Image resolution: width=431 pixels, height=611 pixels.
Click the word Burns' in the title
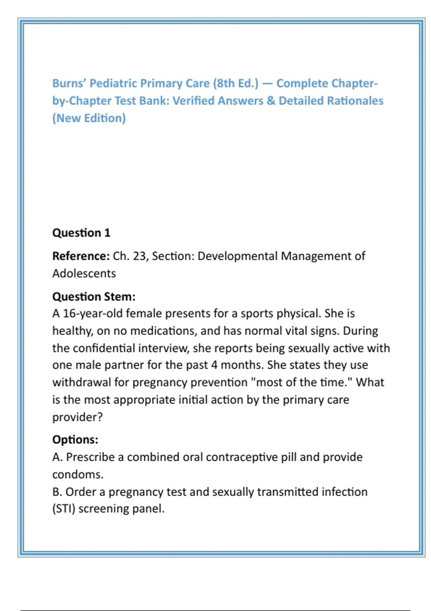pos(69,83)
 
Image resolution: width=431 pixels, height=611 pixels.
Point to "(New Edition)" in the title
pos(89,118)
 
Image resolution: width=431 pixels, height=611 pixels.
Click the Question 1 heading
pos(81,233)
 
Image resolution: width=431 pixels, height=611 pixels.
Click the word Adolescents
pos(84,274)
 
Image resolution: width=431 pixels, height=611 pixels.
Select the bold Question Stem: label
pos(94,297)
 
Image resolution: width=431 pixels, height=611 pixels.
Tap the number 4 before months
pos(214,365)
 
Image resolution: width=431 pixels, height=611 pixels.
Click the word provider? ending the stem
pos(77,417)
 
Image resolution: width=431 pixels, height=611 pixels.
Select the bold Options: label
pos(75,440)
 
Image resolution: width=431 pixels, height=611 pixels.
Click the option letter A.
pos(57,457)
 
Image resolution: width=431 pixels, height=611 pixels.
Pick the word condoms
pos(78,475)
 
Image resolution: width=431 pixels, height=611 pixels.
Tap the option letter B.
pos(56,492)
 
